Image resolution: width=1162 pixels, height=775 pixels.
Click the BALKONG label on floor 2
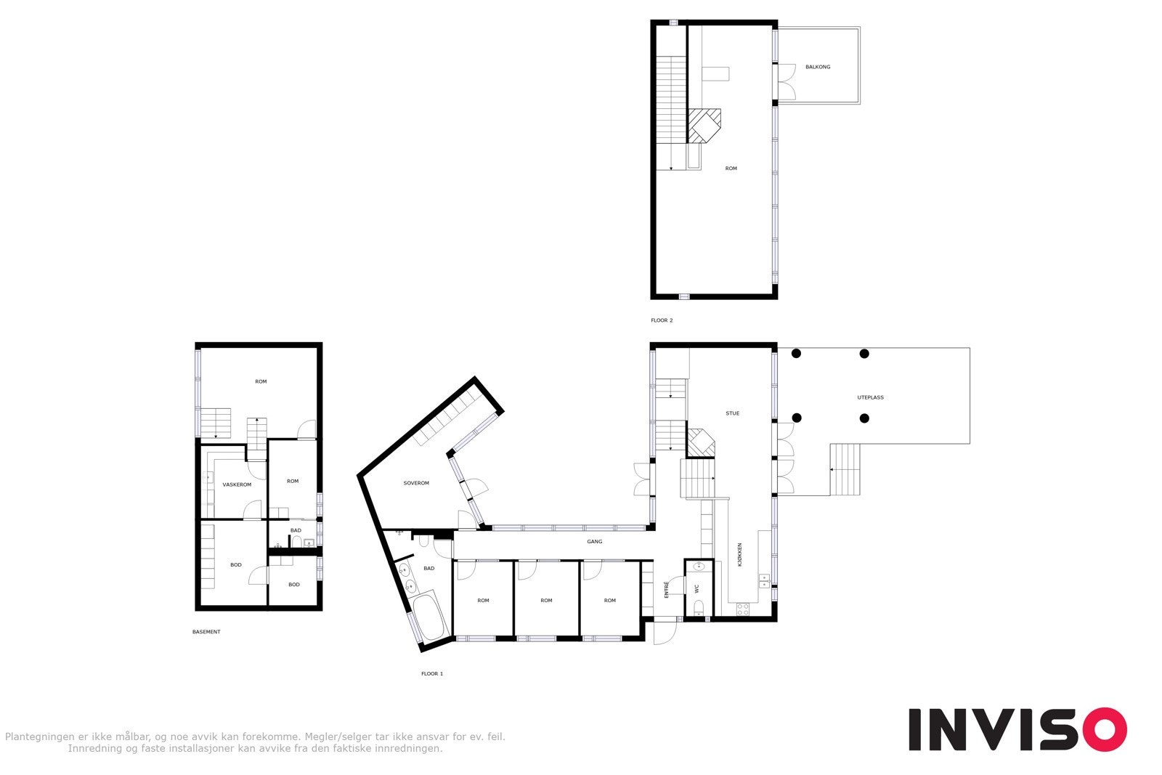(817, 67)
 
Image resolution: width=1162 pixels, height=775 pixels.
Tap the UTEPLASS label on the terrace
(870, 397)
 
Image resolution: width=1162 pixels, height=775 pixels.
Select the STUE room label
(732, 413)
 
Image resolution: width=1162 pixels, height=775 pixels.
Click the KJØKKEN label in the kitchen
(739, 554)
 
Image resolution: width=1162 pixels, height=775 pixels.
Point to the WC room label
(696, 588)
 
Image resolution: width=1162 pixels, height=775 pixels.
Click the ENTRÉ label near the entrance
(667, 590)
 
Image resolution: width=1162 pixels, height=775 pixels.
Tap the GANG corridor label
(594, 541)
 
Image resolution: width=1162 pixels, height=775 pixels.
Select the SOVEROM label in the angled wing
(416, 483)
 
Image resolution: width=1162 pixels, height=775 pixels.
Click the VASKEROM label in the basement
(237, 484)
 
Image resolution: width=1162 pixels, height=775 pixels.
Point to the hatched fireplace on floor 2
(704, 125)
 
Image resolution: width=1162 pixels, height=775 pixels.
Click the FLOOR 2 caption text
(662, 320)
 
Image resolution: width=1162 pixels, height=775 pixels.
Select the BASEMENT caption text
(206, 632)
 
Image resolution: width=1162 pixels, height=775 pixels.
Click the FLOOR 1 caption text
(431, 674)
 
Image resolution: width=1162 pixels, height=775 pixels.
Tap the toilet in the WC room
(698, 607)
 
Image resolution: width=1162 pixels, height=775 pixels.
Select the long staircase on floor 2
(671, 109)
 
